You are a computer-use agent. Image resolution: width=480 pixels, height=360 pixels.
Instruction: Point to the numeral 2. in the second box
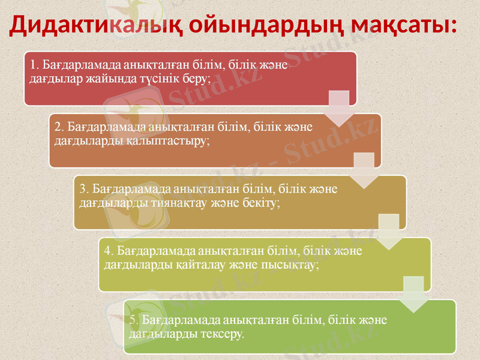pos(59,127)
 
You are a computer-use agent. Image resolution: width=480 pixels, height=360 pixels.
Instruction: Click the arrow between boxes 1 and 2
pos(340,108)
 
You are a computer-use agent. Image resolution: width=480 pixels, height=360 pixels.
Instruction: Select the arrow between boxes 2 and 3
pos(364,170)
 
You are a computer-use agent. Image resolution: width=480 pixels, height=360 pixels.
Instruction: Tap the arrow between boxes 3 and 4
pos(389,232)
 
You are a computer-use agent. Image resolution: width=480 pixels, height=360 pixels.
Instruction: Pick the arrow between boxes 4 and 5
pos(413,294)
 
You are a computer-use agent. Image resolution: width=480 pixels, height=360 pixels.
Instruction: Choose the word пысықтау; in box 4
pos(290,265)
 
